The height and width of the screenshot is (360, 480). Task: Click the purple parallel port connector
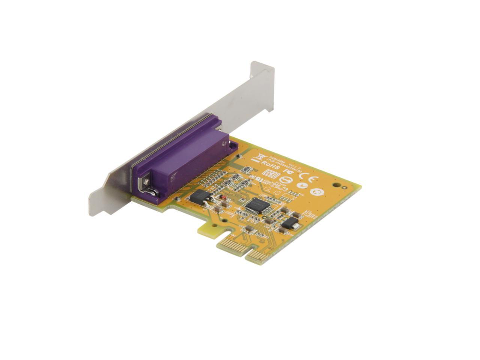(x=180, y=157)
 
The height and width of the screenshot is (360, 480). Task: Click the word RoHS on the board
(x=270, y=164)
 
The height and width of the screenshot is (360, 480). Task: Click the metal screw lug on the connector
(x=145, y=185)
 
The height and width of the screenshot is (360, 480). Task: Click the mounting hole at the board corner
(x=340, y=185)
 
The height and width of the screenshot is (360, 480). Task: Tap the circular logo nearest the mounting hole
(x=314, y=192)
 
